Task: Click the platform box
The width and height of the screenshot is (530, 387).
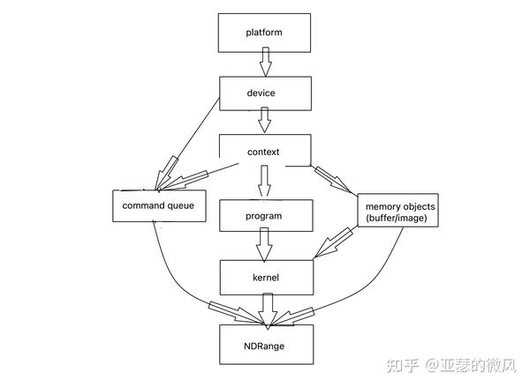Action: (264, 33)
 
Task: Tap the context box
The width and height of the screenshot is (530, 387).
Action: (264, 152)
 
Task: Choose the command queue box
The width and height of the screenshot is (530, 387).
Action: (159, 205)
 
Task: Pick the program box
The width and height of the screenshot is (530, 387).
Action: (264, 214)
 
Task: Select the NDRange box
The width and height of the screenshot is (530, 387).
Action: (264, 345)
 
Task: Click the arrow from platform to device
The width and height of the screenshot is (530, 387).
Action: (264, 62)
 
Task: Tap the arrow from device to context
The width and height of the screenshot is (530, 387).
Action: (264, 120)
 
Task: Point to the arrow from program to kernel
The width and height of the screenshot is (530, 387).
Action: (264, 242)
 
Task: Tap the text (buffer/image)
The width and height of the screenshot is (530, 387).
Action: (395, 219)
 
